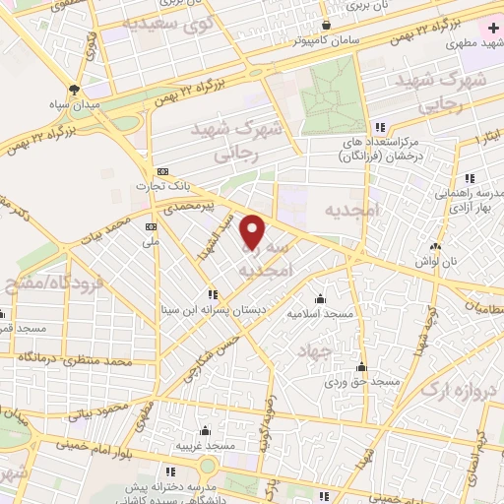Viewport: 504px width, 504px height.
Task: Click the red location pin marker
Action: coord(253,230)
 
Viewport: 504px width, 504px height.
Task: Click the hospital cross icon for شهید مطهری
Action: coord(493,29)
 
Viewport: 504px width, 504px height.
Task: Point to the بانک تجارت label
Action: coord(163,184)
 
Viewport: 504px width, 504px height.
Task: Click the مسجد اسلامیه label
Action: coord(320,313)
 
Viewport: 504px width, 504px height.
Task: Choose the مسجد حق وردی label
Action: coord(365,381)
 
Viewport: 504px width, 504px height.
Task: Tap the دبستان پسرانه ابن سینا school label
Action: coord(211,309)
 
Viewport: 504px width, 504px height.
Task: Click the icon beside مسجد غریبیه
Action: coord(205,430)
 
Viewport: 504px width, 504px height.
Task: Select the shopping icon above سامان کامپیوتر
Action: coord(326,26)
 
